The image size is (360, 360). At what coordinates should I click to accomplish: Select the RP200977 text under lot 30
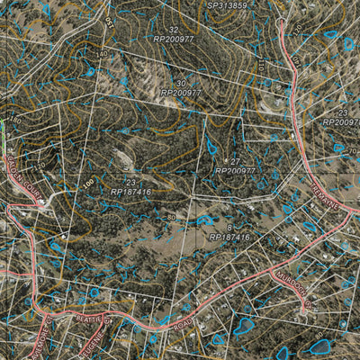(x=181, y=93)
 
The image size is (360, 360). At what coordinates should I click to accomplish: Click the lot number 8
(x=229, y=227)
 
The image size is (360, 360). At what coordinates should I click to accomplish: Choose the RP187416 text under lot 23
(x=131, y=192)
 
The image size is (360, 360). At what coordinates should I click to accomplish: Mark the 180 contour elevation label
(x=14, y=121)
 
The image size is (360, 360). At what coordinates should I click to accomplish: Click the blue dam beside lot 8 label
(x=205, y=220)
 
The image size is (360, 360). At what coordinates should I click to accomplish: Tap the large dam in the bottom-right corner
(x=321, y=346)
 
